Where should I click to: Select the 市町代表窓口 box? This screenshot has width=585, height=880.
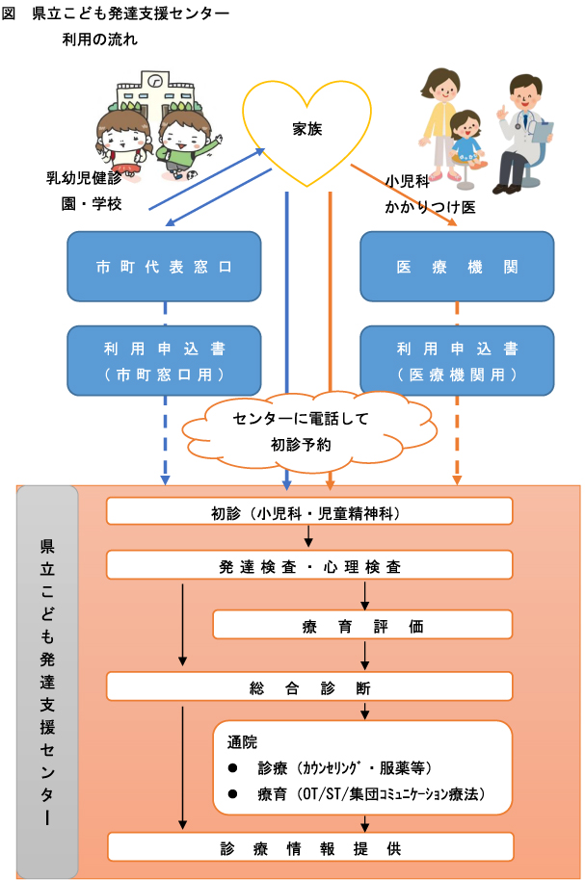click(164, 266)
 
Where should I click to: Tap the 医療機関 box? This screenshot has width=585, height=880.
click(457, 266)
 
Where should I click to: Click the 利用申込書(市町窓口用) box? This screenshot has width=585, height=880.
click(164, 360)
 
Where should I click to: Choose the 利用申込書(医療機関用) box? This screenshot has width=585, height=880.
click(457, 360)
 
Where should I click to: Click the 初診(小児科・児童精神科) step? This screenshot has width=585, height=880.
click(308, 511)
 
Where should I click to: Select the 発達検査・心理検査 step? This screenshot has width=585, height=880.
click(308, 566)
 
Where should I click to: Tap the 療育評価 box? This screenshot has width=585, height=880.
click(361, 626)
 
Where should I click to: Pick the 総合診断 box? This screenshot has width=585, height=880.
click(308, 687)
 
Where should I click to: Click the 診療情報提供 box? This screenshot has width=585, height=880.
click(308, 847)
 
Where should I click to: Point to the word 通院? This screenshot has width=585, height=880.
click(242, 743)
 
